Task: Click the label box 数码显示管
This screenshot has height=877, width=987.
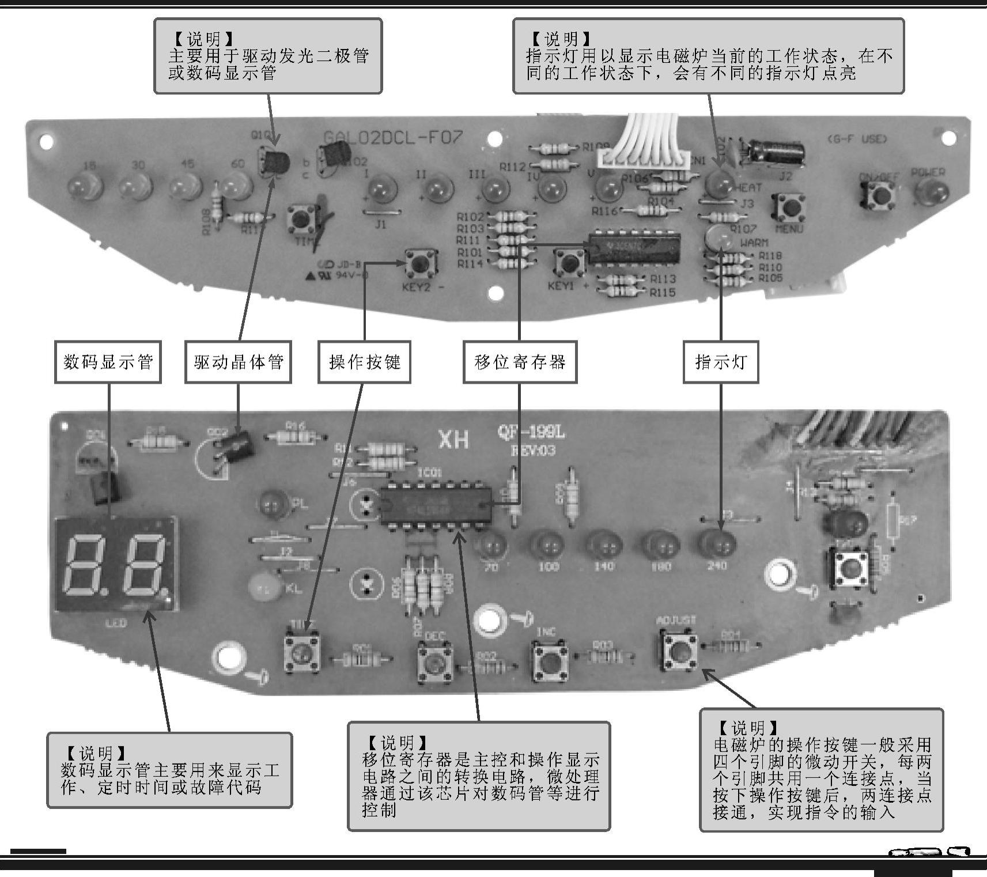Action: pos(108,362)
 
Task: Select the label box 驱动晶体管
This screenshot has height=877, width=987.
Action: pos(238,362)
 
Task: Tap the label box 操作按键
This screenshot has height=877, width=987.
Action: pos(364,362)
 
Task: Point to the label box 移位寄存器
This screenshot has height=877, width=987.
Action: pos(520,362)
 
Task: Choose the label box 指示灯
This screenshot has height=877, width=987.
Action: pos(720,362)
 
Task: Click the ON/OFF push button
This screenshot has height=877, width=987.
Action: pos(879,195)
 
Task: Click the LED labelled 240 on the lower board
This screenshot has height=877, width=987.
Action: pos(717,544)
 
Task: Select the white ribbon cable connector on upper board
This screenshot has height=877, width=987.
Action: pos(642,157)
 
